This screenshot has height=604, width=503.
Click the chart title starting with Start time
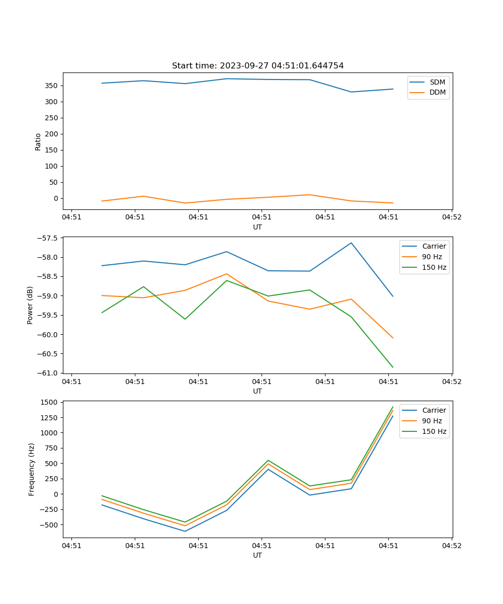pos(258,66)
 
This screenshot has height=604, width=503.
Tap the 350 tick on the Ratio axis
pos(52,86)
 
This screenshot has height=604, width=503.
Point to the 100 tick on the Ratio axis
pos(52,166)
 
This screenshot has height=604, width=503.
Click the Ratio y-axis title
pos(38,141)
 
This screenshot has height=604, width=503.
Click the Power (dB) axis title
pos(30,305)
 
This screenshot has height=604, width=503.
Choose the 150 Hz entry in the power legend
pos(434,267)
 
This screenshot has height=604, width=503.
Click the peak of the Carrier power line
pos(351,243)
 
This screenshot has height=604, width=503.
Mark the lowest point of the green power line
pos(393,367)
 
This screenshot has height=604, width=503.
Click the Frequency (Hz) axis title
pos(31,469)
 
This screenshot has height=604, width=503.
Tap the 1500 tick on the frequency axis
pos(50,402)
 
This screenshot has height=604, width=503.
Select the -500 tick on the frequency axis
pos(50,524)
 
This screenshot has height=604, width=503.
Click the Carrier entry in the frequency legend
pos(434,410)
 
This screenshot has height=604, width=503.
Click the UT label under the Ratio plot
pos(258,227)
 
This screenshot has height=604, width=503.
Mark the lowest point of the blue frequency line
pos(185,531)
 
